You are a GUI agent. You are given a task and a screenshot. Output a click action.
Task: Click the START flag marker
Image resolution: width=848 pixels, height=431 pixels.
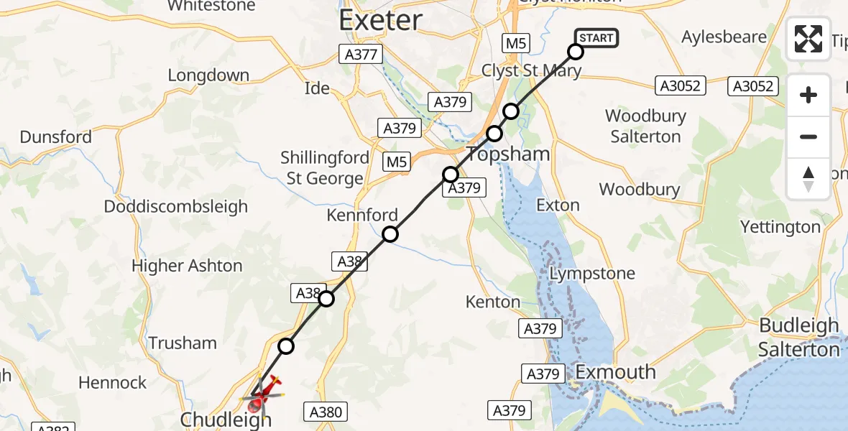596,38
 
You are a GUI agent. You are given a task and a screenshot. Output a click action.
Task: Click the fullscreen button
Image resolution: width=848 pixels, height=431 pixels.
808,39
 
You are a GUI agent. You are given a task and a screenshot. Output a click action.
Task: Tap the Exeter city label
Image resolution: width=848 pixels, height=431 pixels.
380,19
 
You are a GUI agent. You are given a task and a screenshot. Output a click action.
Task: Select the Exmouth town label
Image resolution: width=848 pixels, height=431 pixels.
616,372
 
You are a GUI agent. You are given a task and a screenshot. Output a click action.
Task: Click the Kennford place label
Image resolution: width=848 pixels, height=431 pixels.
362,215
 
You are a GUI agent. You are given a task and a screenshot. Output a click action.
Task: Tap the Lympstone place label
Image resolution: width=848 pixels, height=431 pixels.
592,274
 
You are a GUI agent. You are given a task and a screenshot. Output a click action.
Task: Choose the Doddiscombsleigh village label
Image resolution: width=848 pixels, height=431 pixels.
176,207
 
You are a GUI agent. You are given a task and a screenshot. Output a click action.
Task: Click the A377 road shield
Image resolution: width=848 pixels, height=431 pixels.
361,54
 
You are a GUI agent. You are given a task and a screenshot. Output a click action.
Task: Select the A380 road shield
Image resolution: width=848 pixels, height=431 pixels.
326,412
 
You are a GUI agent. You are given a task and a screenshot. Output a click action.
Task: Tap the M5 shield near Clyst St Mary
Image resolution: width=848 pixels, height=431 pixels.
516,43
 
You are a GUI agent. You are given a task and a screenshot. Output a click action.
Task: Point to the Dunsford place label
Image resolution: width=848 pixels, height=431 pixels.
56,136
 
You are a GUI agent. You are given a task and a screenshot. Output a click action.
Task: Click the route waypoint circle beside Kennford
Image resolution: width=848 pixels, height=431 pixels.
390,233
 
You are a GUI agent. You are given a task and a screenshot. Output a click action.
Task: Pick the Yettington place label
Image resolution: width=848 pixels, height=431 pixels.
780,228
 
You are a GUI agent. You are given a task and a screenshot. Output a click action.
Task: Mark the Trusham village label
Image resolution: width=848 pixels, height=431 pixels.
183,343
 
